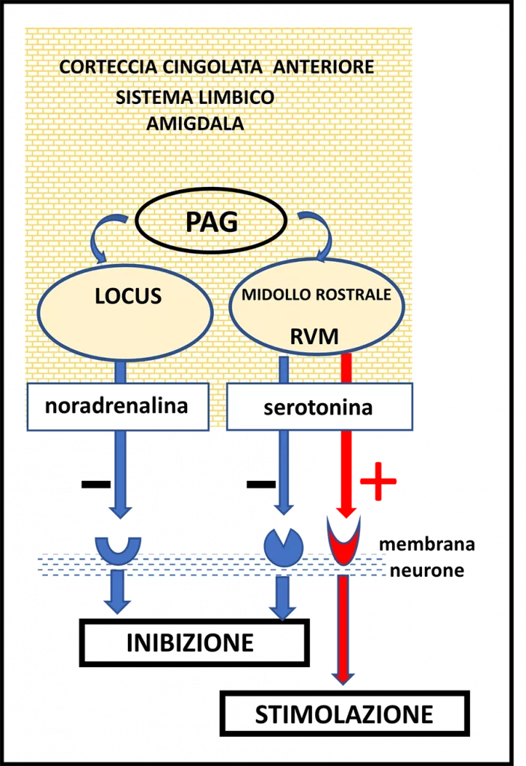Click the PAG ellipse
(211, 221)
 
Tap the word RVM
(314, 337)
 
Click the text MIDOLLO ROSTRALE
(316, 295)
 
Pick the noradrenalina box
(117, 407)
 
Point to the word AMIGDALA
(195, 124)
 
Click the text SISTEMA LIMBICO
(195, 98)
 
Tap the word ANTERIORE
(323, 67)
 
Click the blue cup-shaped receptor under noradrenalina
(118, 549)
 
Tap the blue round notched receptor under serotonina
(284, 547)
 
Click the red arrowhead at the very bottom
(343, 677)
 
